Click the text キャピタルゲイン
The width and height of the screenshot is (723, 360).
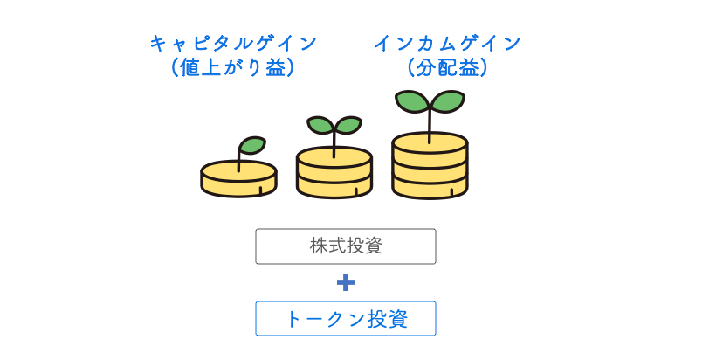(x=233, y=43)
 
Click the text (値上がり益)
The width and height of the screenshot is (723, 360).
(x=233, y=67)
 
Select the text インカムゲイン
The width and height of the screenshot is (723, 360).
(x=448, y=43)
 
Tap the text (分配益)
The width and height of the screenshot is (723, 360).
(x=448, y=67)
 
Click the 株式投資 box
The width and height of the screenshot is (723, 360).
(x=345, y=246)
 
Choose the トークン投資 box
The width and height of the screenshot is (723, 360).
(x=345, y=319)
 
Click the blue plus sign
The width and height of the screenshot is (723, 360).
(x=346, y=282)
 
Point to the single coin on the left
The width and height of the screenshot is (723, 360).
(x=238, y=179)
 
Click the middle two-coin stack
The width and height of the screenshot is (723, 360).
(x=334, y=173)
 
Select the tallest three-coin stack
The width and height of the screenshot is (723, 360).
(x=430, y=166)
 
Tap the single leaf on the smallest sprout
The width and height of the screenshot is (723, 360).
(x=252, y=145)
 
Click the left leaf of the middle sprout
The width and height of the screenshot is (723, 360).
(x=319, y=125)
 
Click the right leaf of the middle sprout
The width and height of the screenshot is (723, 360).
(x=348, y=125)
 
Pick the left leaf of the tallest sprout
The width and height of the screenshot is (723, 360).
(x=411, y=100)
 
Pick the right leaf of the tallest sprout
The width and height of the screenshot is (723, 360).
(x=448, y=100)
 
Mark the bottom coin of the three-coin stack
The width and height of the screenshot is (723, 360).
(x=430, y=187)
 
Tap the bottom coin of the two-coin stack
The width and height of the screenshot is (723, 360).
(x=334, y=186)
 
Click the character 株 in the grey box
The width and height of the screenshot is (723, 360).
(x=318, y=246)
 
